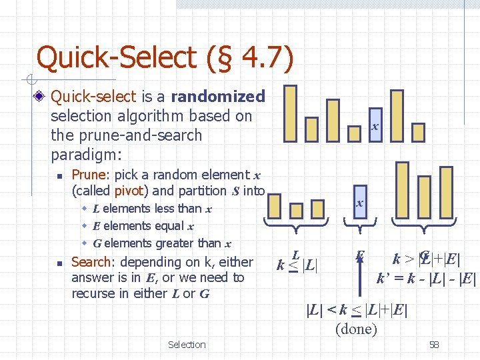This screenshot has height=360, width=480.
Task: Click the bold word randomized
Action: [x=218, y=97]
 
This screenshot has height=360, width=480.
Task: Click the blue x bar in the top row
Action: [x=375, y=126]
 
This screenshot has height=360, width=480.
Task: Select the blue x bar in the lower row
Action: [x=359, y=203]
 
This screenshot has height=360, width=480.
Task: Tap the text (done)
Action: [x=356, y=329]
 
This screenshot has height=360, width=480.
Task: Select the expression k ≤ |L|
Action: [x=297, y=264]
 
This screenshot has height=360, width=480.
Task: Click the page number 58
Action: [x=434, y=345]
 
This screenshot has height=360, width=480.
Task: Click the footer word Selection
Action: [x=187, y=345]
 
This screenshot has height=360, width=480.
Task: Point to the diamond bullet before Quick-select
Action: [x=41, y=97]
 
